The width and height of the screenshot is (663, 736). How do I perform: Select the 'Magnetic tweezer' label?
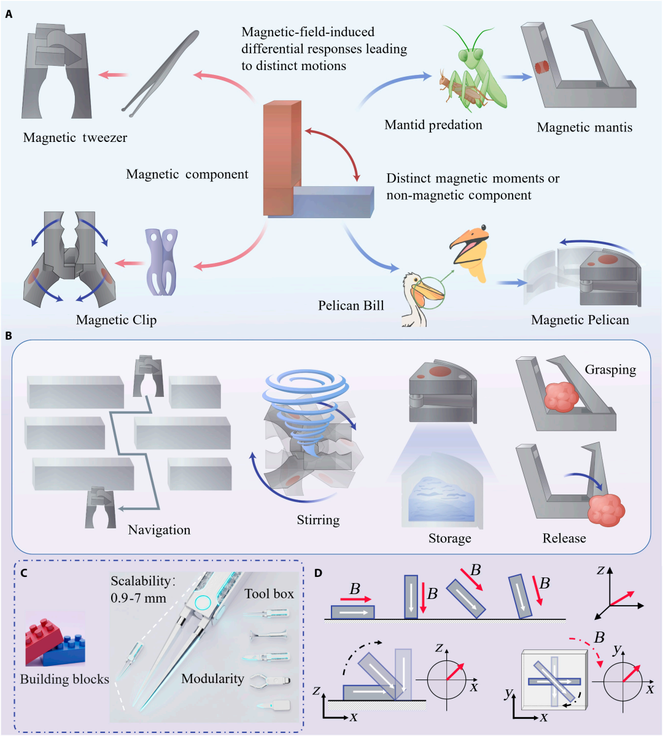(75, 138)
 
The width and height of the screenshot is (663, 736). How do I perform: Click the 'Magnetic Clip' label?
(116, 320)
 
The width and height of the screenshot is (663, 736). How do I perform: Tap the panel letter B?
(9, 336)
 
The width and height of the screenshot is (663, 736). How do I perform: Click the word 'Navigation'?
(160, 530)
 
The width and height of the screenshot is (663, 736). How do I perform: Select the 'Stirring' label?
(319, 520)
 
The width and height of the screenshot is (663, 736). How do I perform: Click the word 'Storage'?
(449, 538)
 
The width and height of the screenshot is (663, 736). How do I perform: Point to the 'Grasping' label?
(610, 370)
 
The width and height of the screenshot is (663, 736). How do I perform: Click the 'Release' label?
(564, 538)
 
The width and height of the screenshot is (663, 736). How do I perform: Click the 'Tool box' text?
(269, 593)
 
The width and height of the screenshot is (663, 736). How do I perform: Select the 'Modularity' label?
(213, 679)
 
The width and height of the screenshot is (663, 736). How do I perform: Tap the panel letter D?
(319, 573)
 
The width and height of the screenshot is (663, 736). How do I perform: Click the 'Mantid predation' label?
(433, 125)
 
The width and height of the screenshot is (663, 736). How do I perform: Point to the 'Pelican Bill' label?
(351, 305)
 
